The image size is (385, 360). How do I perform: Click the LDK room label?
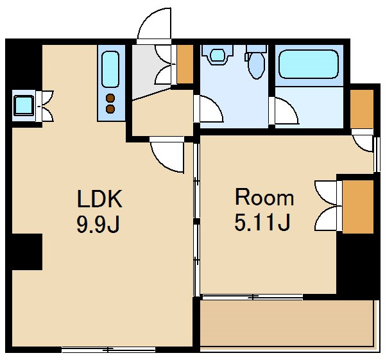(x=99, y=198)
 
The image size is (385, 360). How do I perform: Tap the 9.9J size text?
(x=98, y=225)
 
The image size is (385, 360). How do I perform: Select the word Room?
(x=264, y=197)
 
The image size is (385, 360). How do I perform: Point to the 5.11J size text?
(x=262, y=222)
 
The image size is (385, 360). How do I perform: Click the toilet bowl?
(x=256, y=64)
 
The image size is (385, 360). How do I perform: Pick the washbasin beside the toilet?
(x=218, y=55)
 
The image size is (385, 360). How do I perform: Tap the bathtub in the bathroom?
(x=309, y=64)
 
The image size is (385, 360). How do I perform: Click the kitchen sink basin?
(x=110, y=69)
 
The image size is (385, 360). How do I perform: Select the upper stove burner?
(x=110, y=98)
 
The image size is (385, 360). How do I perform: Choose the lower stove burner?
(x=110, y=109)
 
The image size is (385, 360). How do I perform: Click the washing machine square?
(x=24, y=106)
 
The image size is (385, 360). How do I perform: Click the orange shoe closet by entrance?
(x=185, y=64)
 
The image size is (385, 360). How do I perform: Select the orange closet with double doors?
(x=358, y=207)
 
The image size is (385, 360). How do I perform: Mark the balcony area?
(x=287, y=323)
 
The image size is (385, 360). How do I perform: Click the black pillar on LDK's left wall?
(x=27, y=252)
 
